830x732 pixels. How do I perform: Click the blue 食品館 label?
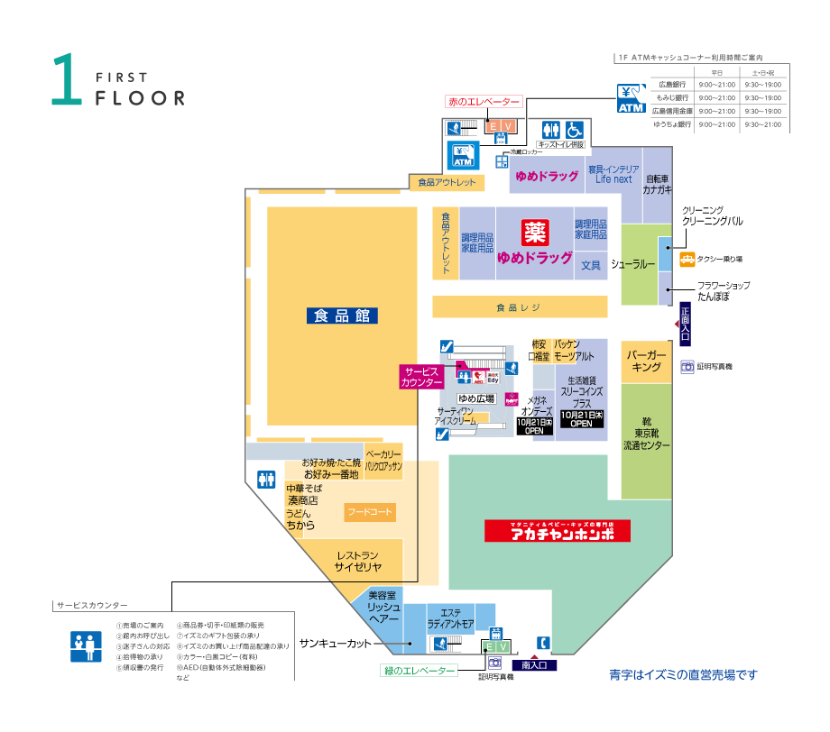click(341, 316)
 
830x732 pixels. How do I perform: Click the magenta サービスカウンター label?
click(420, 377)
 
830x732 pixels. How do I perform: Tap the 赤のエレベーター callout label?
click(484, 102)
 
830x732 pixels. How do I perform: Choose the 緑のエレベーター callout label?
click(418, 670)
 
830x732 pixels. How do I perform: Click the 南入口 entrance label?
click(539, 665)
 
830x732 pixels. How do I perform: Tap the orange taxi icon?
click(687, 260)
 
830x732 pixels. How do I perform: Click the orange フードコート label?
click(371, 513)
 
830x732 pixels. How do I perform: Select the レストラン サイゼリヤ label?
click(358, 561)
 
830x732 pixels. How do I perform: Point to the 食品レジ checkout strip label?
click(518, 307)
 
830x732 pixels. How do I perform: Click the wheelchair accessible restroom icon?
click(575, 130)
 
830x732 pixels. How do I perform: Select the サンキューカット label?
click(335, 643)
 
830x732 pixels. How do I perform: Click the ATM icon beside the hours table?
click(632, 98)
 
